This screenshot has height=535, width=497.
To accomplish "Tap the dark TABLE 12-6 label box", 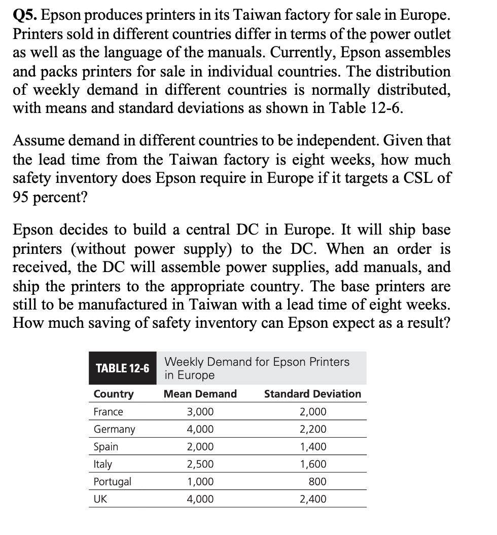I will [123, 368].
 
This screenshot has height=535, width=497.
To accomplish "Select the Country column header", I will [114, 394].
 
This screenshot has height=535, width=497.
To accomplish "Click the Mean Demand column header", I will [200, 394].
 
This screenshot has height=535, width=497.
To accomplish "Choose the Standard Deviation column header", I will [312, 394].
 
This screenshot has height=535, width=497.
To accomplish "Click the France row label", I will [109, 412].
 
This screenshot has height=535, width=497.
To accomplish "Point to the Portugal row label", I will [113, 482].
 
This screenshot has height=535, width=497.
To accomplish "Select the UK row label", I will [100, 500].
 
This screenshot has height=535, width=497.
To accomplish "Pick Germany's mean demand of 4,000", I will [200, 430].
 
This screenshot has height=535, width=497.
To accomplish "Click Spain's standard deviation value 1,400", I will [313, 447].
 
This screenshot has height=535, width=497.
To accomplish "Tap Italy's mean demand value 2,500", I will [200, 465].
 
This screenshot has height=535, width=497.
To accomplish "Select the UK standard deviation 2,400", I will [313, 500].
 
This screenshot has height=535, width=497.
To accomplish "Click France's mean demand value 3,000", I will [200, 412].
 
